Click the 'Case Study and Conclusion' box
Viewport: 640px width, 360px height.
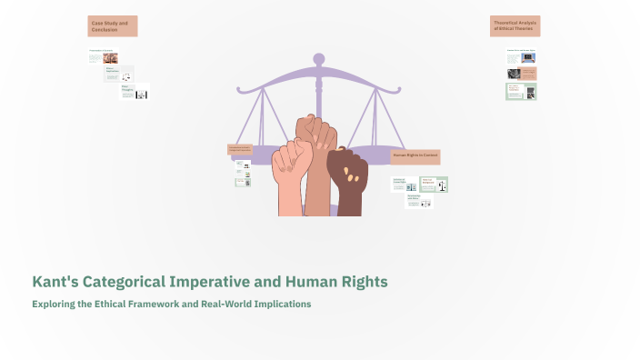tap(113, 26)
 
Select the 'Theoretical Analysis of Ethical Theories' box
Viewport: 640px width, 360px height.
tap(515, 26)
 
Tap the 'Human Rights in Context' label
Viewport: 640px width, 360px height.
tap(415, 156)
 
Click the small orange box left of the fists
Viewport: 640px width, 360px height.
tap(239, 149)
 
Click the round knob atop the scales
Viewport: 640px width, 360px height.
tap(319, 59)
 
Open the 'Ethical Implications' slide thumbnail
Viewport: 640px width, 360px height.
tap(119, 74)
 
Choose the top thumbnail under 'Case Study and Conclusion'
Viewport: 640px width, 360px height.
tap(103, 56)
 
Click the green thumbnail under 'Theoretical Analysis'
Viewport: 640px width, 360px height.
tap(521, 92)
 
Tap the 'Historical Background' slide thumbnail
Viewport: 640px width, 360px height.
tap(433, 185)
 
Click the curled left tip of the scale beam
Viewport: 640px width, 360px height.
tap(239, 90)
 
